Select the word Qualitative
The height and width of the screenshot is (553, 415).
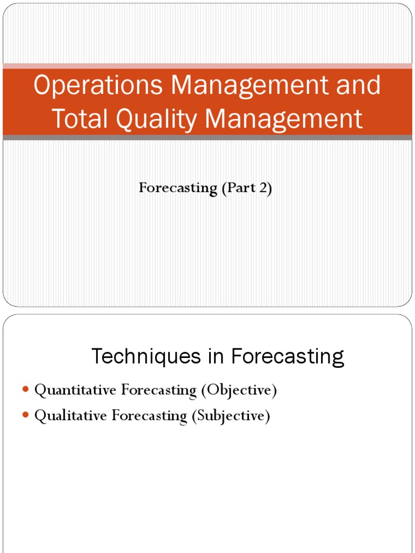pyautogui.click(x=71, y=416)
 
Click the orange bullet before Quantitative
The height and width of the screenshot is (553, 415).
pyautogui.click(x=26, y=390)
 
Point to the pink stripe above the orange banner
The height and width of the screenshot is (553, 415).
pyautogui.click(x=207, y=66)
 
